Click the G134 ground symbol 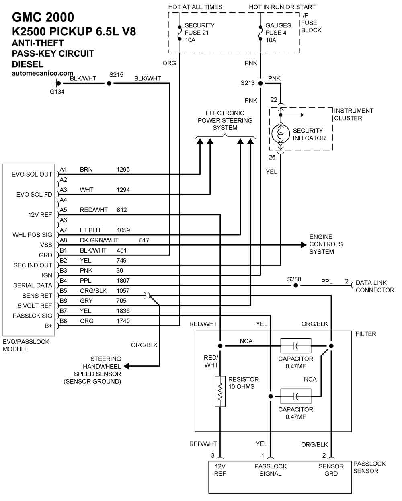[57, 83]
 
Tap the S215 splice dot [109, 83]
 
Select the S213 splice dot [260, 83]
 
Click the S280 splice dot [295, 285]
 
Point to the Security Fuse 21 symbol [179, 33]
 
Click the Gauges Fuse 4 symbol [260, 33]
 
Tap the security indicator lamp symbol [281, 133]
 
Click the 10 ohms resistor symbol [220, 391]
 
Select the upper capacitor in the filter [295, 346]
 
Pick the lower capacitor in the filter [295, 396]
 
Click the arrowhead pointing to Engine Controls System [304, 245]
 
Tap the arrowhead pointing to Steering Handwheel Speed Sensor [127, 366]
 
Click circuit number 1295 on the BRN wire [123, 170]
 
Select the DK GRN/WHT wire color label [99, 240]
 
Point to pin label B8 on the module [63, 321]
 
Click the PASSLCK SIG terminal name [32, 316]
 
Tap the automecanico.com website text [42, 73]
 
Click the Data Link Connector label [375, 286]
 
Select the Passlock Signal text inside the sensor [271, 470]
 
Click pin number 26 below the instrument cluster [272, 157]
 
